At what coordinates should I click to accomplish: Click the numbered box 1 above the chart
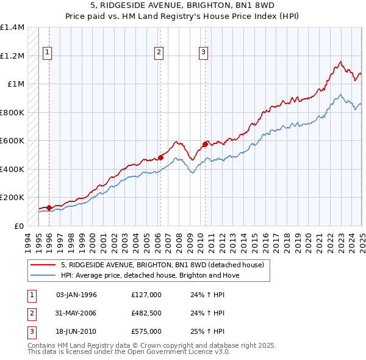[47, 53]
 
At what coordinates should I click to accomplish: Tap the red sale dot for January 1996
[49, 207]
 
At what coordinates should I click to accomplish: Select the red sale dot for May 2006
[160, 157]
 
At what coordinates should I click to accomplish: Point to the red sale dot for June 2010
[205, 144]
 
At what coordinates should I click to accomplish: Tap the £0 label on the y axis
[18, 226]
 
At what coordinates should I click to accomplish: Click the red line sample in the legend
[43, 265]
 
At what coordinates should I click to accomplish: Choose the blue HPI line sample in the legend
[43, 275]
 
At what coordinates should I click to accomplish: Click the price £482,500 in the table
[146, 313]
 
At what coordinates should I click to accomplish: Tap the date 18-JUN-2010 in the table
[76, 331]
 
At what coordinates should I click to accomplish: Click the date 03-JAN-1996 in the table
[76, 295]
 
